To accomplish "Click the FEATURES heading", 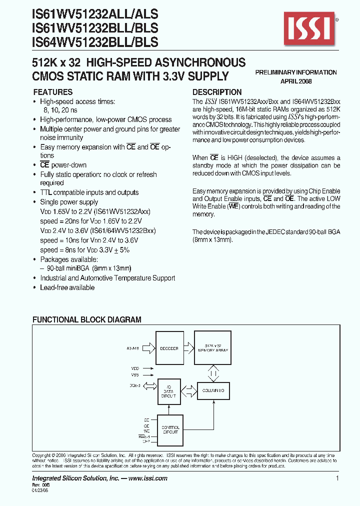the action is point(52,92).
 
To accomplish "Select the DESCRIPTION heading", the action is point(217,92).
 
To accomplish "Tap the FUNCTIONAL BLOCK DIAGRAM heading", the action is point(87,319).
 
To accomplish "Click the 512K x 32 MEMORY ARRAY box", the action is point(216,348).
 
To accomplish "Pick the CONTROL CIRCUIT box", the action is point(170,429).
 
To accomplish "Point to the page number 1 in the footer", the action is point(338,478).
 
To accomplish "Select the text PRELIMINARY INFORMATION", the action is point(296,72).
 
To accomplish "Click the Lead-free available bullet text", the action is point(67,287).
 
